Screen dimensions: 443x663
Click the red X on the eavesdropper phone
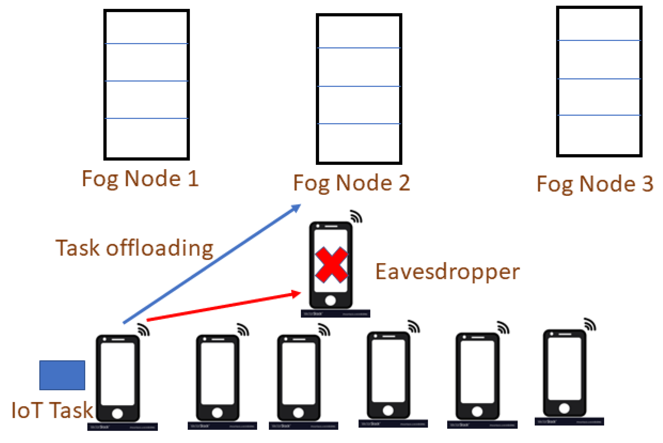[331, 265]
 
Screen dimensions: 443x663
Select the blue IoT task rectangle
[62, 375]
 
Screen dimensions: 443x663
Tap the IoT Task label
[52, 410]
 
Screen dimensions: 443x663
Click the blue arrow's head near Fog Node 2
[296, 208]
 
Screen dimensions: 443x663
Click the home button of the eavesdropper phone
[330, 300]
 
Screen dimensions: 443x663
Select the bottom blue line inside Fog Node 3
[599, 115]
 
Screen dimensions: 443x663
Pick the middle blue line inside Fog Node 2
[359, 86]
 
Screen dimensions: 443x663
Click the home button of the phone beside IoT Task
[117, 414]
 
